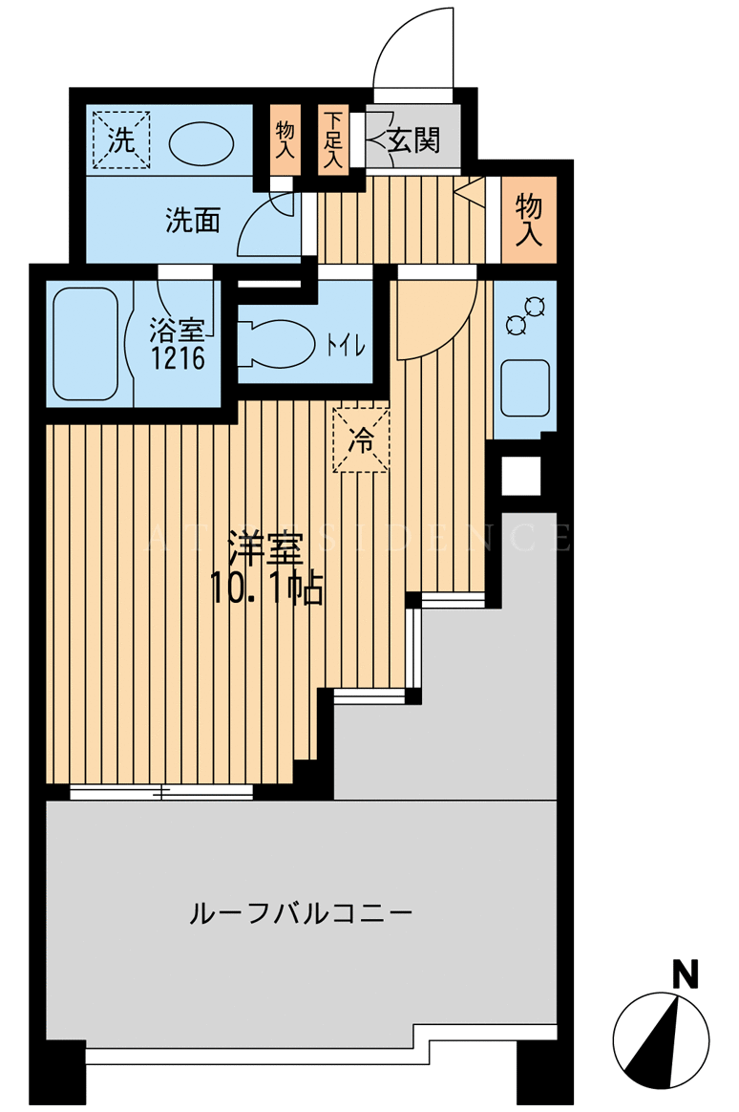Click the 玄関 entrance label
[x=413, y=139]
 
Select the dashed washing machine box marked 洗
[x=121, y=139]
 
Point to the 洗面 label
[x=193, y=220]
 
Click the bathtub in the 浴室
[x=86, y=343]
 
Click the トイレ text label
[x=345, y=347]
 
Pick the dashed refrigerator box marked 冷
[x=361, y=438]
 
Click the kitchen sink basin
[x=525, y=388]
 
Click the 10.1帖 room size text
[x=266, y=588]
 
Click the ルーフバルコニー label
[x=301, y=912]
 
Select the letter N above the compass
[x=685, y=973]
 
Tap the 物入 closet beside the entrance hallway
[x=529, y=220]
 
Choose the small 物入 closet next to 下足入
[x=285, y=139]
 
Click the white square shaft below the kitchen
[x=521, y=476]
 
